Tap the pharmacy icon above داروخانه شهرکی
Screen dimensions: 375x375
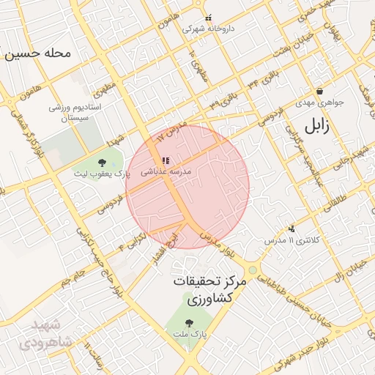(x=208, y=18)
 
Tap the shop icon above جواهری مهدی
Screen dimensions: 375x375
(x=320, y=92)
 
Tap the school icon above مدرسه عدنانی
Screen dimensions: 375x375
(x=166, y=160)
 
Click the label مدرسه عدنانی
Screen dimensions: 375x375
(x=170, y=171)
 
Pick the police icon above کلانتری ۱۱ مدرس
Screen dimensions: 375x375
(x=292, y=229)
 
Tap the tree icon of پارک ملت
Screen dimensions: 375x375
(x=190, y=322)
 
